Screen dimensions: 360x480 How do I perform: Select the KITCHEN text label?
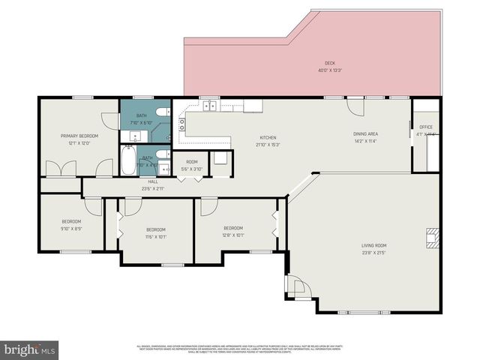point(268,138)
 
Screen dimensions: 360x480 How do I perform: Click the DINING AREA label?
point(365,134)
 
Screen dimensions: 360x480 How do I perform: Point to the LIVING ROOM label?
point(373,245)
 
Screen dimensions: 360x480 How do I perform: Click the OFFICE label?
point(426,127)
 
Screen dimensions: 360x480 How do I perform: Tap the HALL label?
point(153,181)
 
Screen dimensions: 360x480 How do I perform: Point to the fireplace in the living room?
point(431,238)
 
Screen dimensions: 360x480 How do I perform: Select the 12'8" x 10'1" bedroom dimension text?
point(233,235)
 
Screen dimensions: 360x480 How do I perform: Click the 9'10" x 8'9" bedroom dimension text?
point(72,229)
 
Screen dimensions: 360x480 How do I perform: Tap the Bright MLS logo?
point(30,349)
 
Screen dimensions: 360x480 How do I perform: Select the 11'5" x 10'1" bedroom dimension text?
point(156,236)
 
